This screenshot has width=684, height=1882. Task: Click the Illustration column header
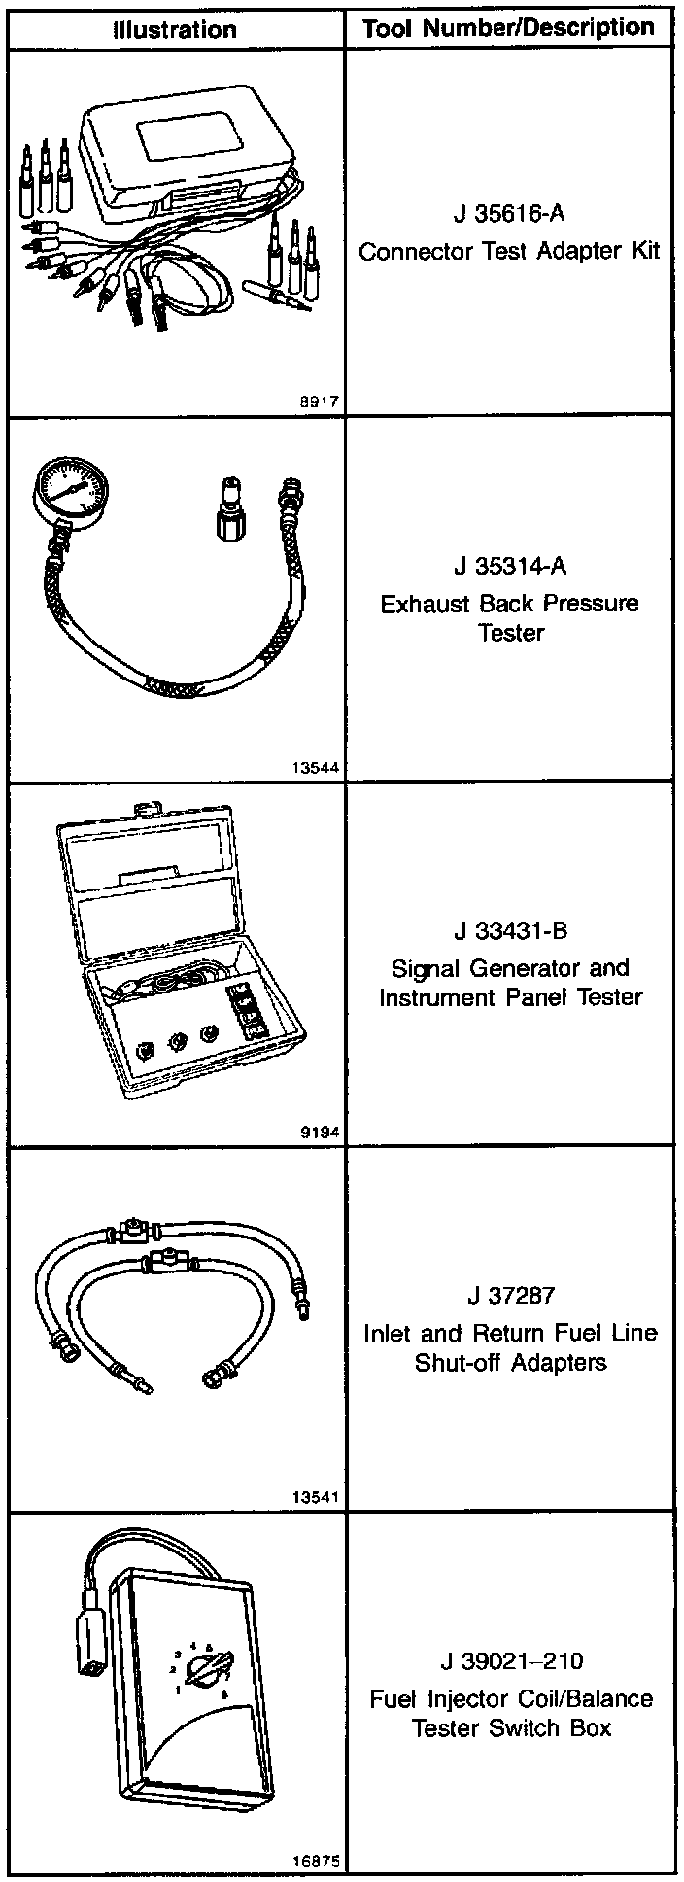coord(175,29)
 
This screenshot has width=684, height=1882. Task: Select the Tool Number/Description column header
coord(508,28)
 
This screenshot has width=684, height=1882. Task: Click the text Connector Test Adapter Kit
coord(508,252)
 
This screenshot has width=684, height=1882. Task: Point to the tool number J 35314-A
coord(508,566)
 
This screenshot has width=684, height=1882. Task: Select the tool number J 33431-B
coord(510,931)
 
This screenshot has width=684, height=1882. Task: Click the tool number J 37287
coord(510,1296)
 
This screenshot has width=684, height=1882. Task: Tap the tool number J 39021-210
coord(510,1660)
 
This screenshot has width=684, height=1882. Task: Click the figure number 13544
coord(314,766)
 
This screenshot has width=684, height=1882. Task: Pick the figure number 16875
coord(314,1862)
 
